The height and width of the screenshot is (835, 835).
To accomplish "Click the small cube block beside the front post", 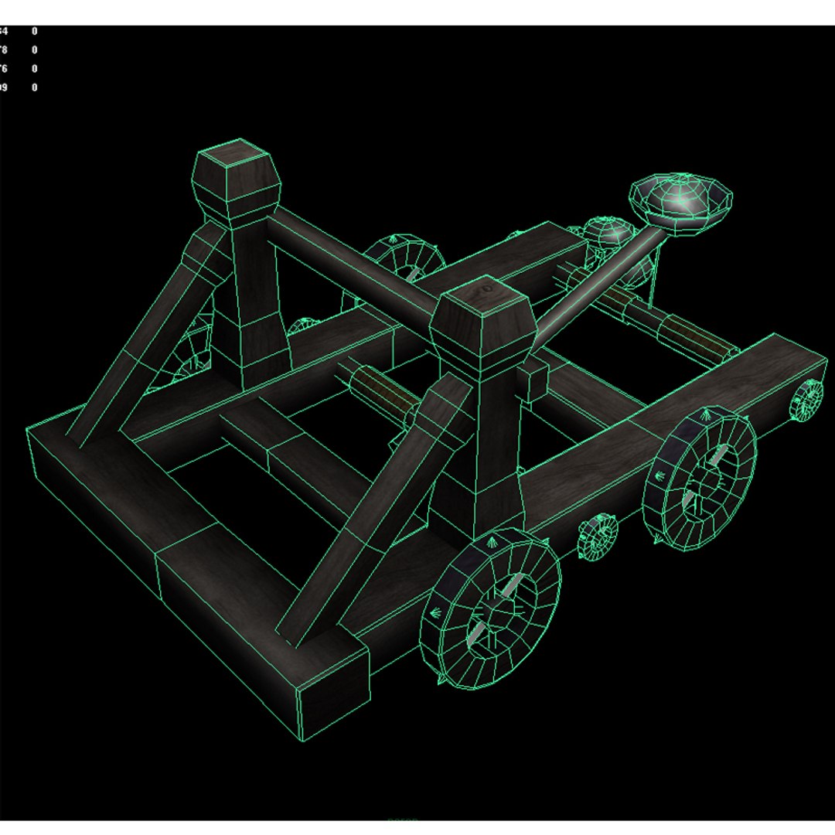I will pos(533,382).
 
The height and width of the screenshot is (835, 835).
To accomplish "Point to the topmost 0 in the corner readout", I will pos(35,32).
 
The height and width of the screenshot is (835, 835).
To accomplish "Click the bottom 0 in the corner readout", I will pos(35,88).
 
